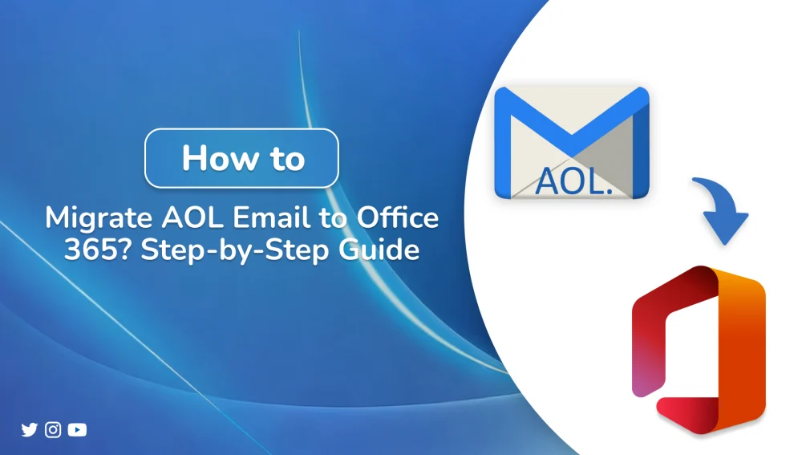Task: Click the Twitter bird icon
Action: [30, 430]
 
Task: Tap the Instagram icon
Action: [53, 430]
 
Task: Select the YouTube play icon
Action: [77, 430]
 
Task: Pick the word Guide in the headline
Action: [376, 250]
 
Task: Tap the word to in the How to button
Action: [286, 158]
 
